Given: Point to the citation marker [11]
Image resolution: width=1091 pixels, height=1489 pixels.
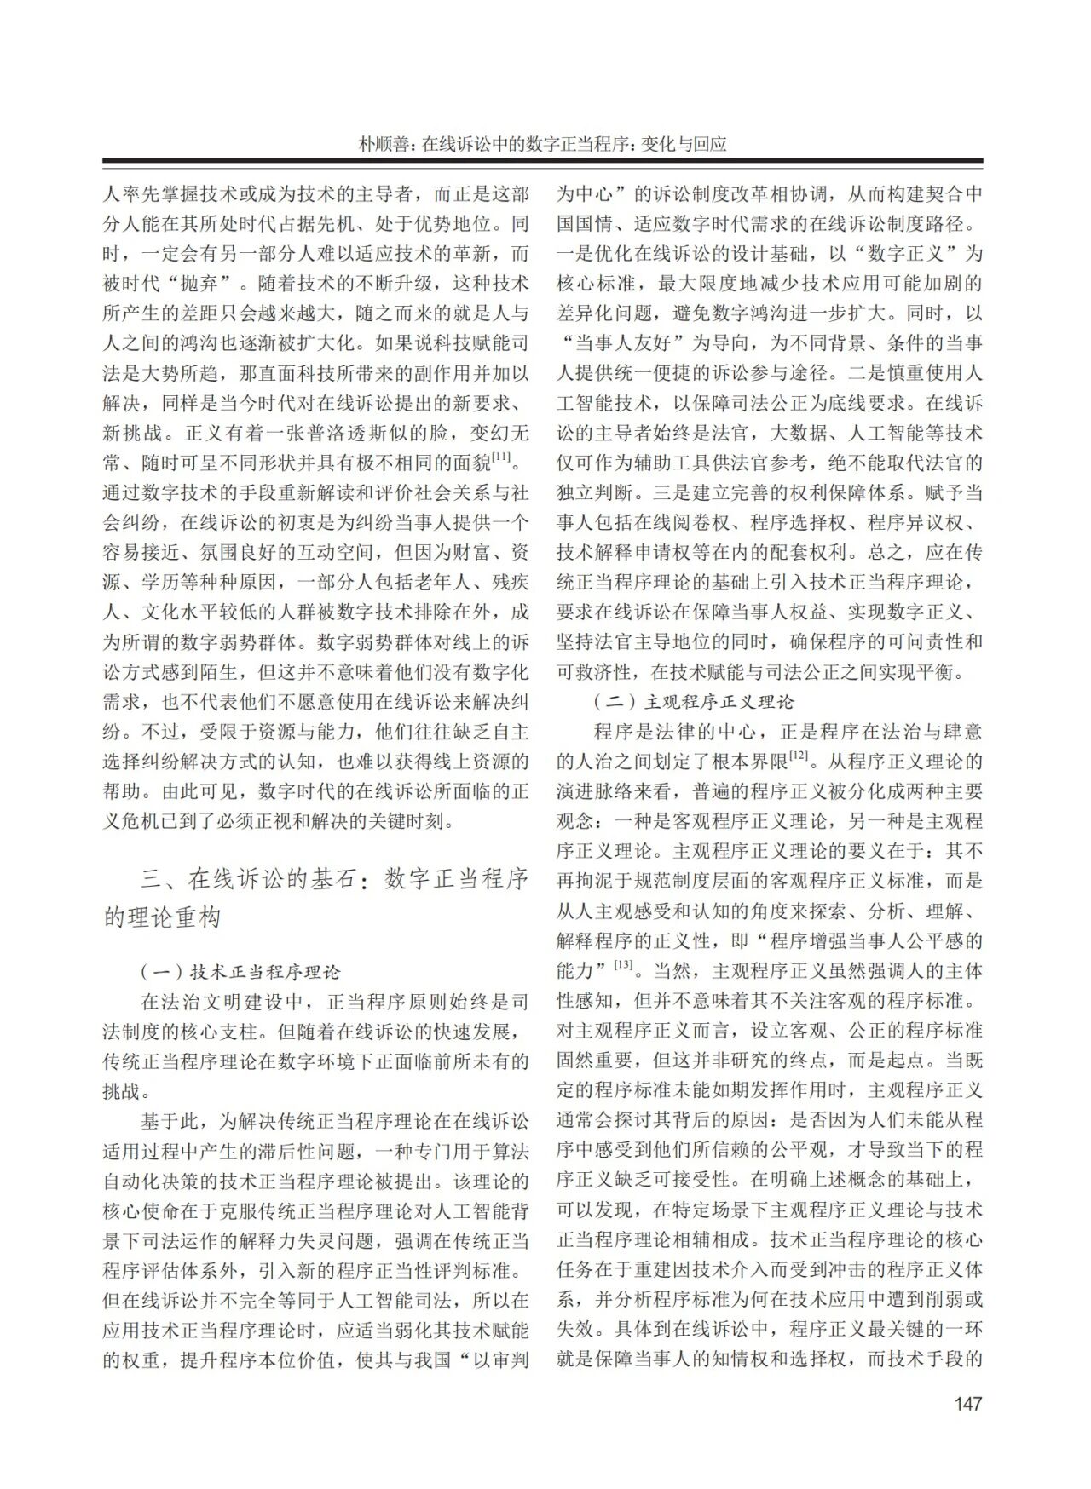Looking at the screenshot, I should [501, 459].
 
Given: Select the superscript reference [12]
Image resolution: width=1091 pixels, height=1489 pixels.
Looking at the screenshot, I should [799, 755].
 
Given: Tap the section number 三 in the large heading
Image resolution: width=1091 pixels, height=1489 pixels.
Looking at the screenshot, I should [151, 879].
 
